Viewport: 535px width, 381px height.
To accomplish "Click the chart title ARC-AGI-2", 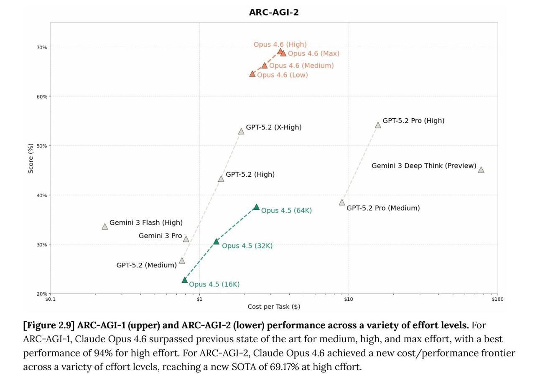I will (274, 12).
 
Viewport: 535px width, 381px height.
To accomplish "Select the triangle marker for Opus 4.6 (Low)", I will (252, 74).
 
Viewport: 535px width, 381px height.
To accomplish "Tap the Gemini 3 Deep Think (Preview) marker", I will (481, 170).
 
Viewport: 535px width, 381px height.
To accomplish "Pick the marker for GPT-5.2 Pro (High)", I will (378, 125).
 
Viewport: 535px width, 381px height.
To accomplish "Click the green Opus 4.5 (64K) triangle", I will (256, 207).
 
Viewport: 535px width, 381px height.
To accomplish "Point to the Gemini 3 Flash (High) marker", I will (105, 226).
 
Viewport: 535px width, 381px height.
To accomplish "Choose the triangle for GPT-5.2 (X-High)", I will (241, 131).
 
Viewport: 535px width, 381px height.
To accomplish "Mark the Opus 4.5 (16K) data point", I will (184, 280).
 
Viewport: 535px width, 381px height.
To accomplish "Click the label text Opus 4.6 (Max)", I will (313, 53).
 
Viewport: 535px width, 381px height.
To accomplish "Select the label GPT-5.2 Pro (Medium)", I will (383, 208).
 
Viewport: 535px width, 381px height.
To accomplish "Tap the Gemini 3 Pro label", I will (160, 236).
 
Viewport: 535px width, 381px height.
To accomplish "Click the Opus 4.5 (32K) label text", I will (247, 246).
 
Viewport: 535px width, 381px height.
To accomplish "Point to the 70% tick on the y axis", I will (41, 47).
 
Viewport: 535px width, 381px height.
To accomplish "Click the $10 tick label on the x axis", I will (348, 299).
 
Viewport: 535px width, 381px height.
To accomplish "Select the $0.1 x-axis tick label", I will (50, 299).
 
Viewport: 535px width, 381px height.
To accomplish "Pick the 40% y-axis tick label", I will (41, 195).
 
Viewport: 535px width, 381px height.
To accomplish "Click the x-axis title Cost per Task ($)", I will (274, 307).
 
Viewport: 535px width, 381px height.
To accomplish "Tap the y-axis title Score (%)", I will (31, 158).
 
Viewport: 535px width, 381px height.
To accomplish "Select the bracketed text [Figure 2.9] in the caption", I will (49, 325).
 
